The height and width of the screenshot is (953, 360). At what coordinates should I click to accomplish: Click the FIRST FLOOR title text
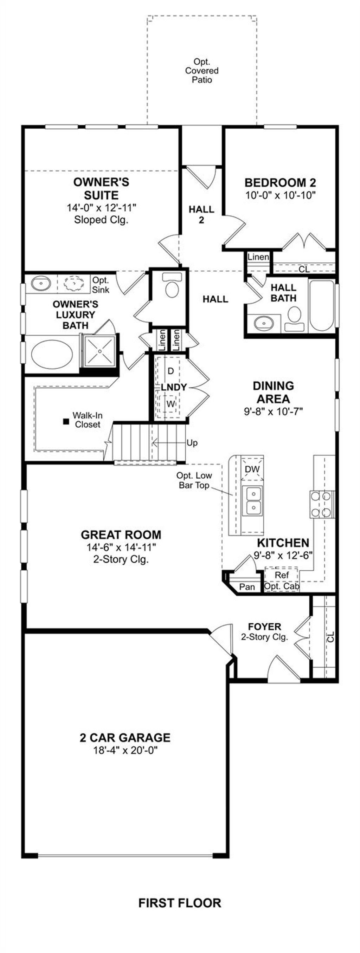180,903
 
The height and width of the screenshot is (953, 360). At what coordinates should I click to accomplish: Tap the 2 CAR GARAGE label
125,737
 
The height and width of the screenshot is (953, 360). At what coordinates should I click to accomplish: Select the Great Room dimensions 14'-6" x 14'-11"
121,547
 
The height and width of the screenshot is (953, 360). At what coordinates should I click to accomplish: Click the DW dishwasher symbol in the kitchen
252,469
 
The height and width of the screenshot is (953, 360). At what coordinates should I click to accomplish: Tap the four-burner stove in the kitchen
321,504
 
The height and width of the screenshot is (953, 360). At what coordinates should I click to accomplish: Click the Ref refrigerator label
282,575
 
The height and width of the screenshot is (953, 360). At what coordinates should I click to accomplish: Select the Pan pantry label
247,587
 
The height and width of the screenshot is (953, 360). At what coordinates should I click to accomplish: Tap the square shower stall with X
99,350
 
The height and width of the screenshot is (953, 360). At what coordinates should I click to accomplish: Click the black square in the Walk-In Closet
66,421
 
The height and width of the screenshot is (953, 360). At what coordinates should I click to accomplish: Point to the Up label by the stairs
192,443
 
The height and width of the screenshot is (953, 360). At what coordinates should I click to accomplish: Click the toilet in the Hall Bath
295,317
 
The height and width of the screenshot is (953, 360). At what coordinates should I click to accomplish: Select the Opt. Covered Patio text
202,70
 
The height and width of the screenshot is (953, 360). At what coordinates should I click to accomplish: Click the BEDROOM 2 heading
281,182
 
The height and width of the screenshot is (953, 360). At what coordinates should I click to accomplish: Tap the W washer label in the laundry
170,404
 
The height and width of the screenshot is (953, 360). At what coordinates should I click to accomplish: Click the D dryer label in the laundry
171,371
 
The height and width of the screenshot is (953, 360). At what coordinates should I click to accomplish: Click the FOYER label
264,626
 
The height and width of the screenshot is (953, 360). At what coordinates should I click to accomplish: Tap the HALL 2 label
201,215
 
